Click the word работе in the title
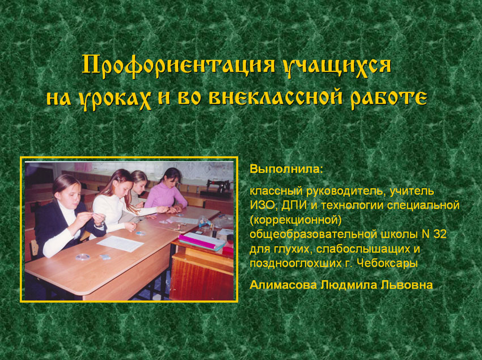tap(388, 98)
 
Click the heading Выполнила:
tap(286, 169)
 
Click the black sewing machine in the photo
tap(218, 187)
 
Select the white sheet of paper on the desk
tap(120, 243)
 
